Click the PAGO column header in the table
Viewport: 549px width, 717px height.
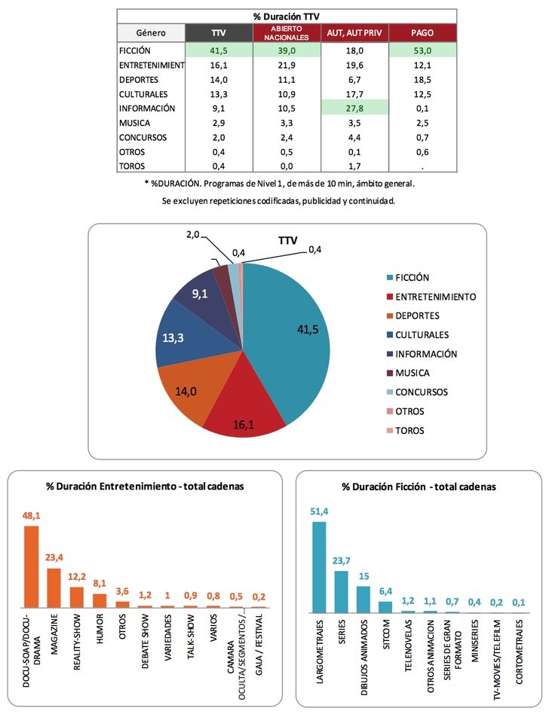pos(422,32)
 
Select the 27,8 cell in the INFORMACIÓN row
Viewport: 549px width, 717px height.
pos(354,108)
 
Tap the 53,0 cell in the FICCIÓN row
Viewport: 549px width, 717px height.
pos(422,50)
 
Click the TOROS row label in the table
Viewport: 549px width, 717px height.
pos(135,166)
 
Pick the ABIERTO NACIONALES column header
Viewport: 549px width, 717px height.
pos(286,32)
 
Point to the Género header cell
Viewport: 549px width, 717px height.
pos(152,32)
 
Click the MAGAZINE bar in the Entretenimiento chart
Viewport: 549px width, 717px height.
pos(54,587)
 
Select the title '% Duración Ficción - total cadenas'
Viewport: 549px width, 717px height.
pos(419,487)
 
